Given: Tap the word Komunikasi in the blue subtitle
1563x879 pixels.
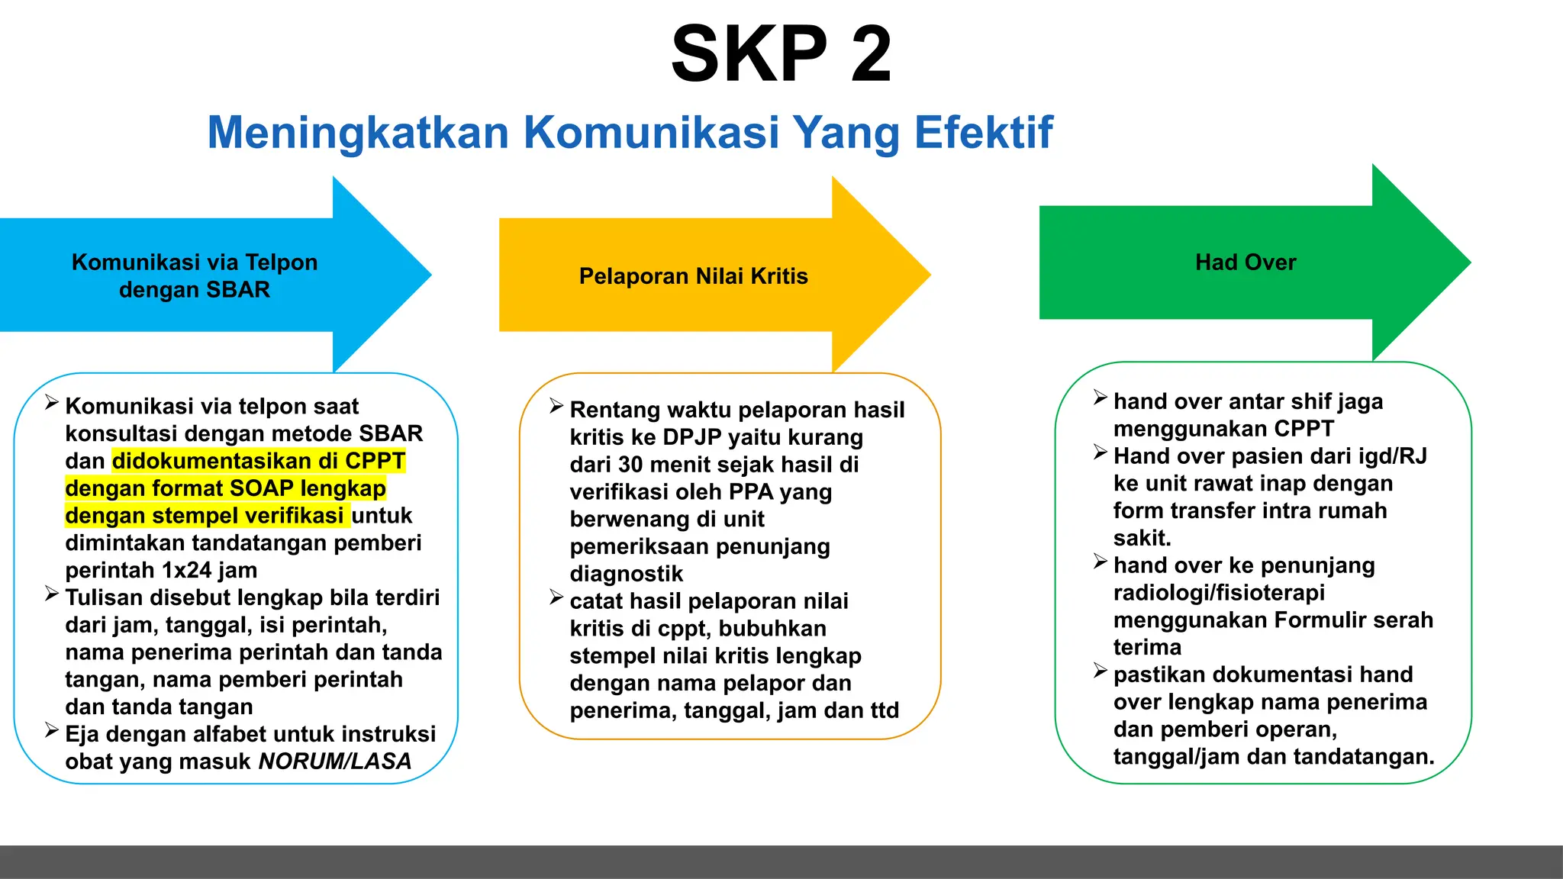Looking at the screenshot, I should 651,133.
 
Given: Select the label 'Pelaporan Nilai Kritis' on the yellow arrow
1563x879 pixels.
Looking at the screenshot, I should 693,276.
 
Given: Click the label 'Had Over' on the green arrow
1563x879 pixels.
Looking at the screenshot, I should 1246,262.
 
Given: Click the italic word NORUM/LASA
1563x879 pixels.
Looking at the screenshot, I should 335,761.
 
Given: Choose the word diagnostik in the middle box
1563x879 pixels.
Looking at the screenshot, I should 626,574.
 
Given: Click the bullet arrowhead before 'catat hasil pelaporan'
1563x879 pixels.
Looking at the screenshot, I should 556,598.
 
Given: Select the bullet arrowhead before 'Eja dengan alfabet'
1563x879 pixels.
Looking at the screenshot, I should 52,731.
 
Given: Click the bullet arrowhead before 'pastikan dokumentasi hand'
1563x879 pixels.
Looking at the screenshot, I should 1100,671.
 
